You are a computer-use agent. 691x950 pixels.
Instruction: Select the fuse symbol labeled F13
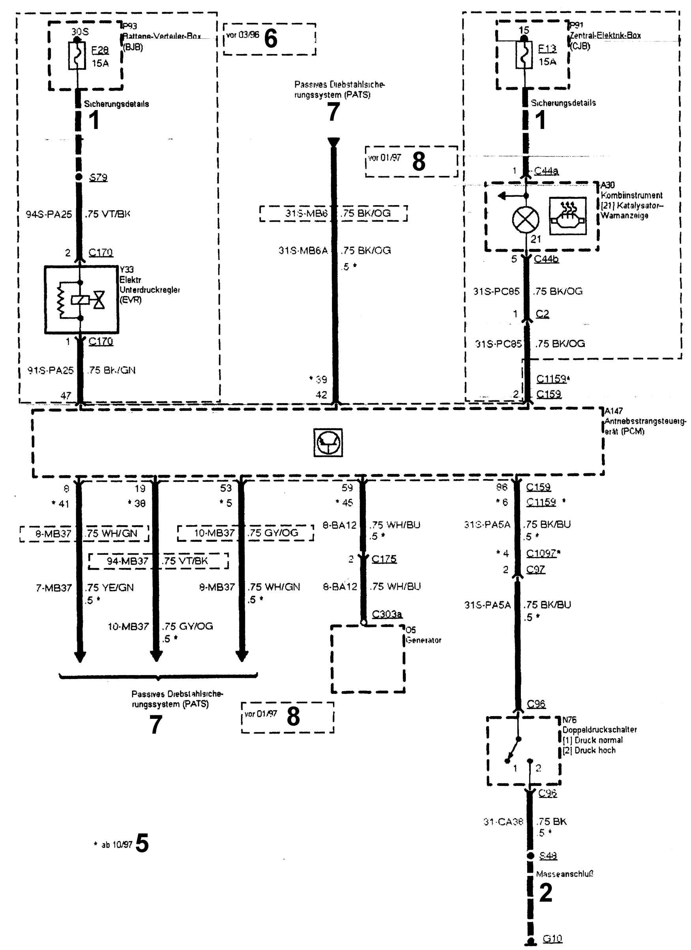(x=524, y=55)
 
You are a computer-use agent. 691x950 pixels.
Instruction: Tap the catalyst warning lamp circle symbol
(x=526, y=220)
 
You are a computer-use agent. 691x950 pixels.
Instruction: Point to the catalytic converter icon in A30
(x=568, y=216)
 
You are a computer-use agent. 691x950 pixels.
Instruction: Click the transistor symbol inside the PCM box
(x=328, y=442)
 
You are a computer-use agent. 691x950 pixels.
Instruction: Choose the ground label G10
(x=552, y=939)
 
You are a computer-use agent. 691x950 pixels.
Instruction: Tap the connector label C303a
(x=387, y=614)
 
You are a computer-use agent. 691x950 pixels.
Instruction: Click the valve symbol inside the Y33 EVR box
(x=99, y=300)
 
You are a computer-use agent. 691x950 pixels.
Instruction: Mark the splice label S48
(x=548, y=855)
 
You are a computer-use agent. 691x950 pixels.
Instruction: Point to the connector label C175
(x=384, y=559)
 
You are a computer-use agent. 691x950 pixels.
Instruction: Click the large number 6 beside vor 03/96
(x=271, y=39)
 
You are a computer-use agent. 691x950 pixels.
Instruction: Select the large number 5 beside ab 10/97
(x=142, y=843)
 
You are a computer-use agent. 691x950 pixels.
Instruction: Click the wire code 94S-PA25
(x=49, y=215)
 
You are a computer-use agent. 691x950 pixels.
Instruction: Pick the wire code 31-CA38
(x=503, y=822)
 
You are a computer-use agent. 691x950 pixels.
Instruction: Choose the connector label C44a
(x=546, y=171)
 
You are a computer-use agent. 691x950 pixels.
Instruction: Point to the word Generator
(x=423, y=640)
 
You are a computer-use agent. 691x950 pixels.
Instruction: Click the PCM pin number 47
(x=66, y=396)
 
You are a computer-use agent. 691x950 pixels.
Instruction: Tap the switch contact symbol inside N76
(x=514, y=749)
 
